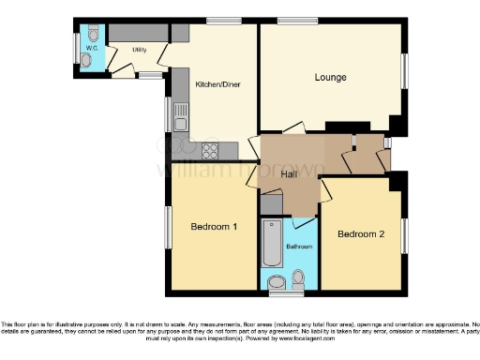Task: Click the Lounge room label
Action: (x=330, y=77)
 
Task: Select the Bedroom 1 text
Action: (x=215, y=227)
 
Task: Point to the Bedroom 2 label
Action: (x=361, y=233)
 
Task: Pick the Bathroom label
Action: (x=299, y=247)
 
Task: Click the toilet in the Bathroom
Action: (x=299, y=278)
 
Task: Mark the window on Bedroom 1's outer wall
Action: (x=168, y=228)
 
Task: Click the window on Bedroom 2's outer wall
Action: (x=405, y=233)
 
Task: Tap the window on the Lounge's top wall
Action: (x=296, y=22)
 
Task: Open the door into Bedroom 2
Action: (x=326, y=190)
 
